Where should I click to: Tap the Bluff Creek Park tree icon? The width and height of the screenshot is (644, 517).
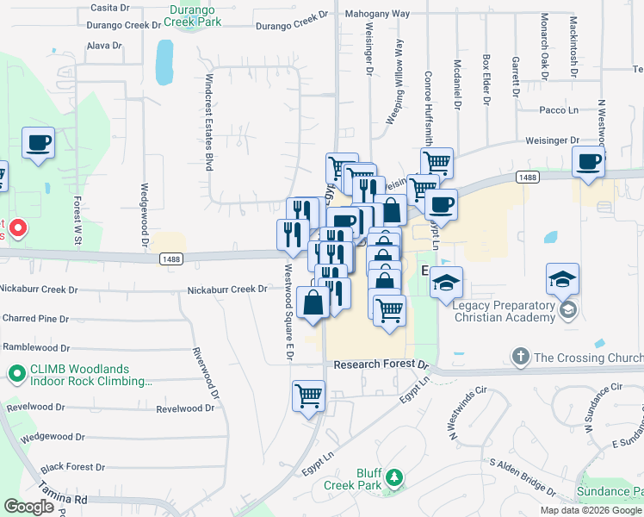coord(394,477)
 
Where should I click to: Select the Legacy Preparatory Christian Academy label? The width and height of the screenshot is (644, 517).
coord(504,311)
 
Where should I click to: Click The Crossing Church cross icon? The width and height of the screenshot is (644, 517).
coord(519,356)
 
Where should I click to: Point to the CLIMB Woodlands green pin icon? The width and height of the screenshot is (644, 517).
coord(15,374)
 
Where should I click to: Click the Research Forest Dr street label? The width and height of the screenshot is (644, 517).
coord(380,364)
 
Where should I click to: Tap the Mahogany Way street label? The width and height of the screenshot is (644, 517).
coord(377,14)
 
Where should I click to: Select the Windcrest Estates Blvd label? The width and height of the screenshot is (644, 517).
coord(208,121)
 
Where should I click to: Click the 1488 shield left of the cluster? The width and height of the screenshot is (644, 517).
coord(170,258)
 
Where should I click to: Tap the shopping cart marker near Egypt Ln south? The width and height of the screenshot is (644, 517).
coord(308,397)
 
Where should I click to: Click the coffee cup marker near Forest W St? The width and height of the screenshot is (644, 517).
coord(38,142)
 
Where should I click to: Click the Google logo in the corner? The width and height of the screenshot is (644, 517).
coord(28,507)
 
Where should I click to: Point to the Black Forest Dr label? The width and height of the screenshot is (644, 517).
coord(72,467)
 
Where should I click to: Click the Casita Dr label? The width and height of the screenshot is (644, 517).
coord(109,7)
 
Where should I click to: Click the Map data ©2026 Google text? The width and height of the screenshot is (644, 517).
coord(591,510)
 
